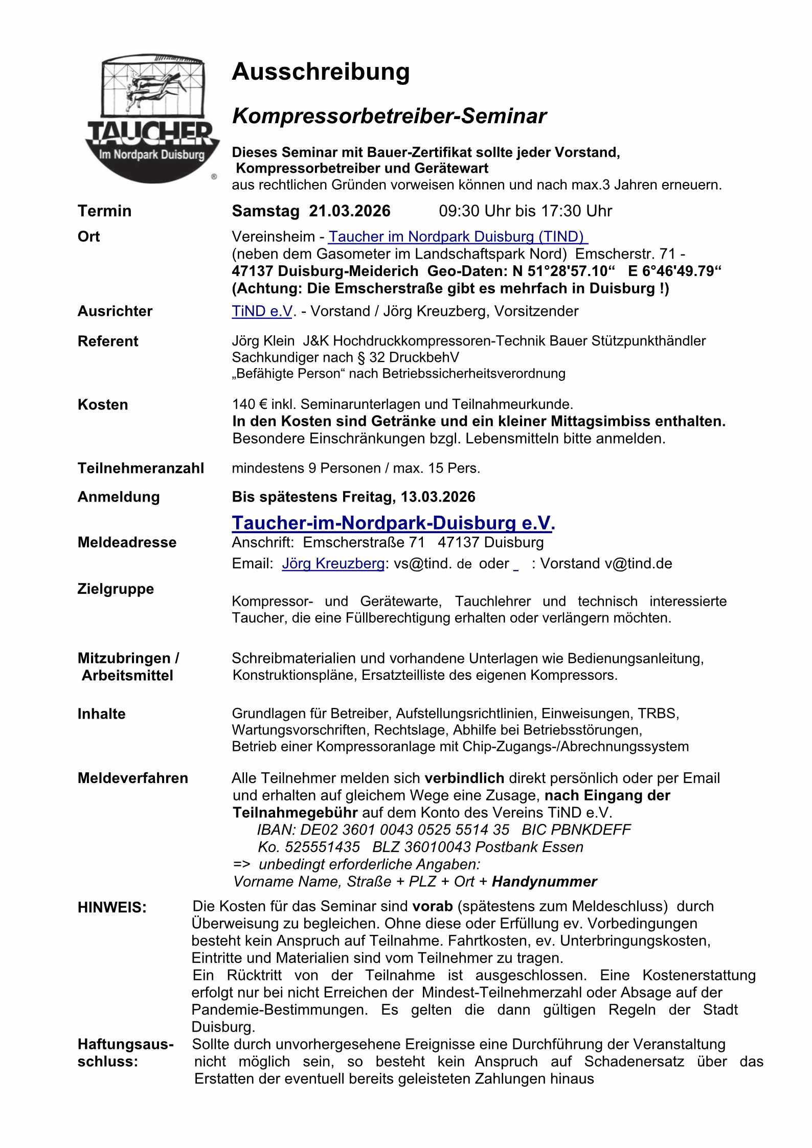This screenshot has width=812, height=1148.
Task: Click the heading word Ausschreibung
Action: pyautogui.click(x=321, y=72)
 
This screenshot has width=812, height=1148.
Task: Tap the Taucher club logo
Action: pyautogui.click(x=152, y=119)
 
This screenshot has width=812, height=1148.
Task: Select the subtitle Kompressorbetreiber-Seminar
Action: pyautogui.click(x=389, y=117)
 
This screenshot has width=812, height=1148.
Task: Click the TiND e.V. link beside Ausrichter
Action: pyautogui.click(x=262, y=311)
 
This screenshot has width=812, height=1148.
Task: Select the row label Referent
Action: pyautogui.click(x=108, y=341)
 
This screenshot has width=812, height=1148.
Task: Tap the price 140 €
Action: pyautogui.click(x=250, y=404)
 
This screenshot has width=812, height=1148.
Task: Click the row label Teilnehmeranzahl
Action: pyautogui.click(x=141, y=468)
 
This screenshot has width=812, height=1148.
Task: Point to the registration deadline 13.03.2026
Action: pyautogui.click(x=438, y=497)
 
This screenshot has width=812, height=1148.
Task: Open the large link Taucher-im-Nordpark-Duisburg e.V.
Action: pyautogui.click(x=393, y=523)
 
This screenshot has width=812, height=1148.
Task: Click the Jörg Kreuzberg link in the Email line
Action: pyautogui.click(x=333, y=563)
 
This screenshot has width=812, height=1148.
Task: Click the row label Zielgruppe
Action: pyautogui.click(x=116, y=589)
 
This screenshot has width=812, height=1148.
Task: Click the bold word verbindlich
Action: pyautogui.click(x=464, y=778)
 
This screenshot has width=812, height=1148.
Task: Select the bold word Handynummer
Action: pyautogui.click(x=544, y=882)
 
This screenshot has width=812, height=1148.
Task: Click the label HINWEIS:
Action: pyautogui.click(x=112, y=908)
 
